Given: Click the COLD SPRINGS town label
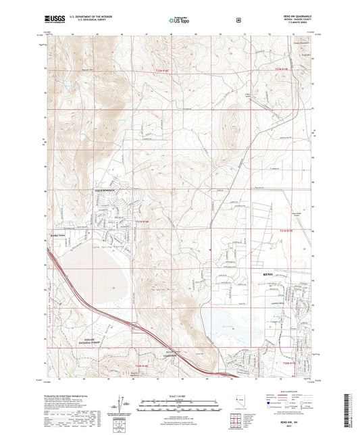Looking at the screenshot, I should [x=104, y=190].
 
